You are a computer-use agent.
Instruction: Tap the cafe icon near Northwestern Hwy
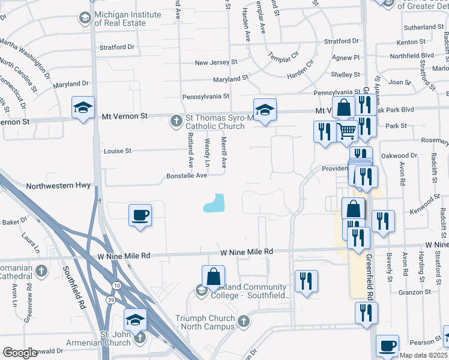[x=140, y=215]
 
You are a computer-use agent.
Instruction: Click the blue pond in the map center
[x=215, y=204]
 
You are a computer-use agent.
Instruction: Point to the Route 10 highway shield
[x=115, y=282]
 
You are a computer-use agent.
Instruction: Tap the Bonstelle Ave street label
[x=186, y=176]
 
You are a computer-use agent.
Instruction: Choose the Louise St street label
[x=117, y=151]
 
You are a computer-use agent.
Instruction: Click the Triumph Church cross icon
[x=243, y=321]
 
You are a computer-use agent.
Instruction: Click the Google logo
[x=20, y=353]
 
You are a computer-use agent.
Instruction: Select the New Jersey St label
[x=217, y=62]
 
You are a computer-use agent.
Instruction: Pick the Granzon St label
[x=411, y=292]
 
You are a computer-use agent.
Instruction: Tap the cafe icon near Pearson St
[x=387, y=346]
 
